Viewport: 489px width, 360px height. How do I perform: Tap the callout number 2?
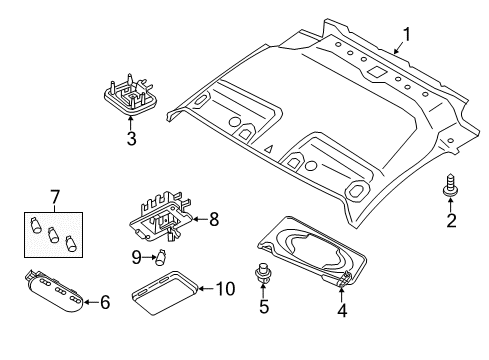[x=450, y=221]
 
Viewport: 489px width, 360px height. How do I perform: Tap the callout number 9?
[x=137, y=256]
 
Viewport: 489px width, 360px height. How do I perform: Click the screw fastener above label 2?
[x=449, y=187]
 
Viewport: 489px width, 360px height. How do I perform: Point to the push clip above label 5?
[x=264, y=272]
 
